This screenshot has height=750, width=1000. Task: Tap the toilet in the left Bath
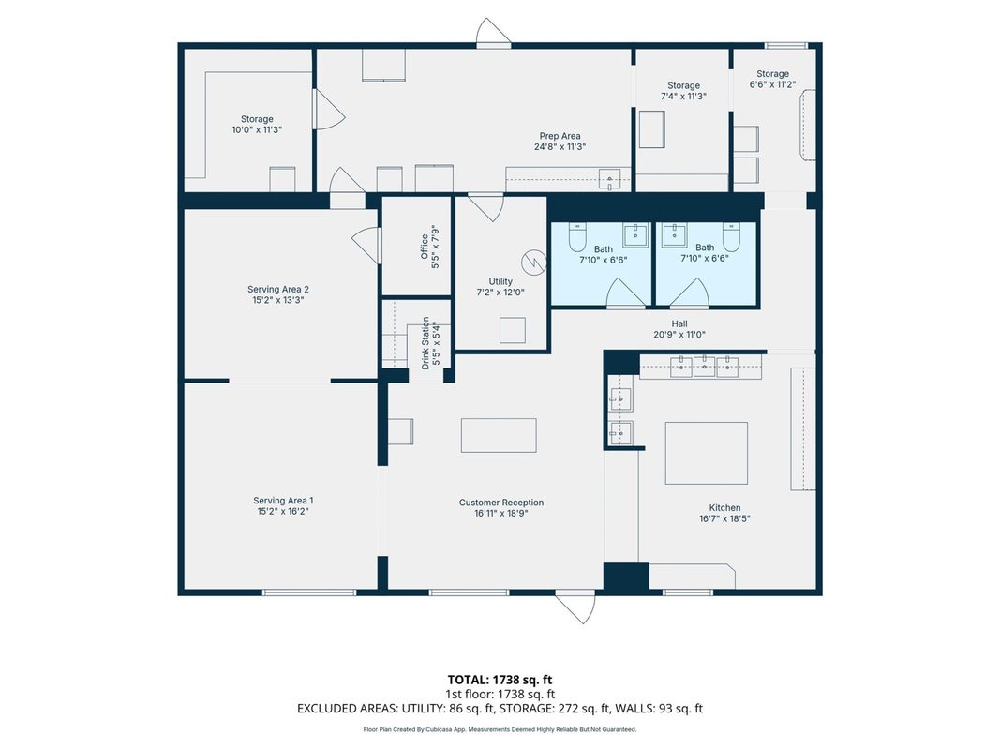pyautogui.click(x=577, y=236)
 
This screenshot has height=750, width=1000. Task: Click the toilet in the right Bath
pyautogui.click(x=731, y=236)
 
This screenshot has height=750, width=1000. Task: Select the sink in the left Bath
pyautogui.click(x=635, y=234)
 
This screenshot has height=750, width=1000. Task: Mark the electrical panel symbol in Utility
pyautogui.click(x=533, y=262)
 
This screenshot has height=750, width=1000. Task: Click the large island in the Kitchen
pyautogui.click(x=707, y=453)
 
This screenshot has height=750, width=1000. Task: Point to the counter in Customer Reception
pyautogui.click(x=499, y=436)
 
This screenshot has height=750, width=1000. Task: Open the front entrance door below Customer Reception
pyautogui.click(x=575, y=607)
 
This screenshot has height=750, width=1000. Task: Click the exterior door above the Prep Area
pyautogui.click(x=494, y=33)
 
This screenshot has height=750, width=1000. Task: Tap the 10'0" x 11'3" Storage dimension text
pyautogui.click(x=257, y=129)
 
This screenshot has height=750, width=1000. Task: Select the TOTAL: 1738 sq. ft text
pyautogui.click(x=500, y=680)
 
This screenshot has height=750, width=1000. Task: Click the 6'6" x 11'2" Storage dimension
pyautogui.click(x=773, y=84)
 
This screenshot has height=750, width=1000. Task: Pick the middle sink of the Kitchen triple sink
pyautogui.click(x=704, y=367)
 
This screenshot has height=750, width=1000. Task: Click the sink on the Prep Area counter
pyautogui.click(x=610, y=179)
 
